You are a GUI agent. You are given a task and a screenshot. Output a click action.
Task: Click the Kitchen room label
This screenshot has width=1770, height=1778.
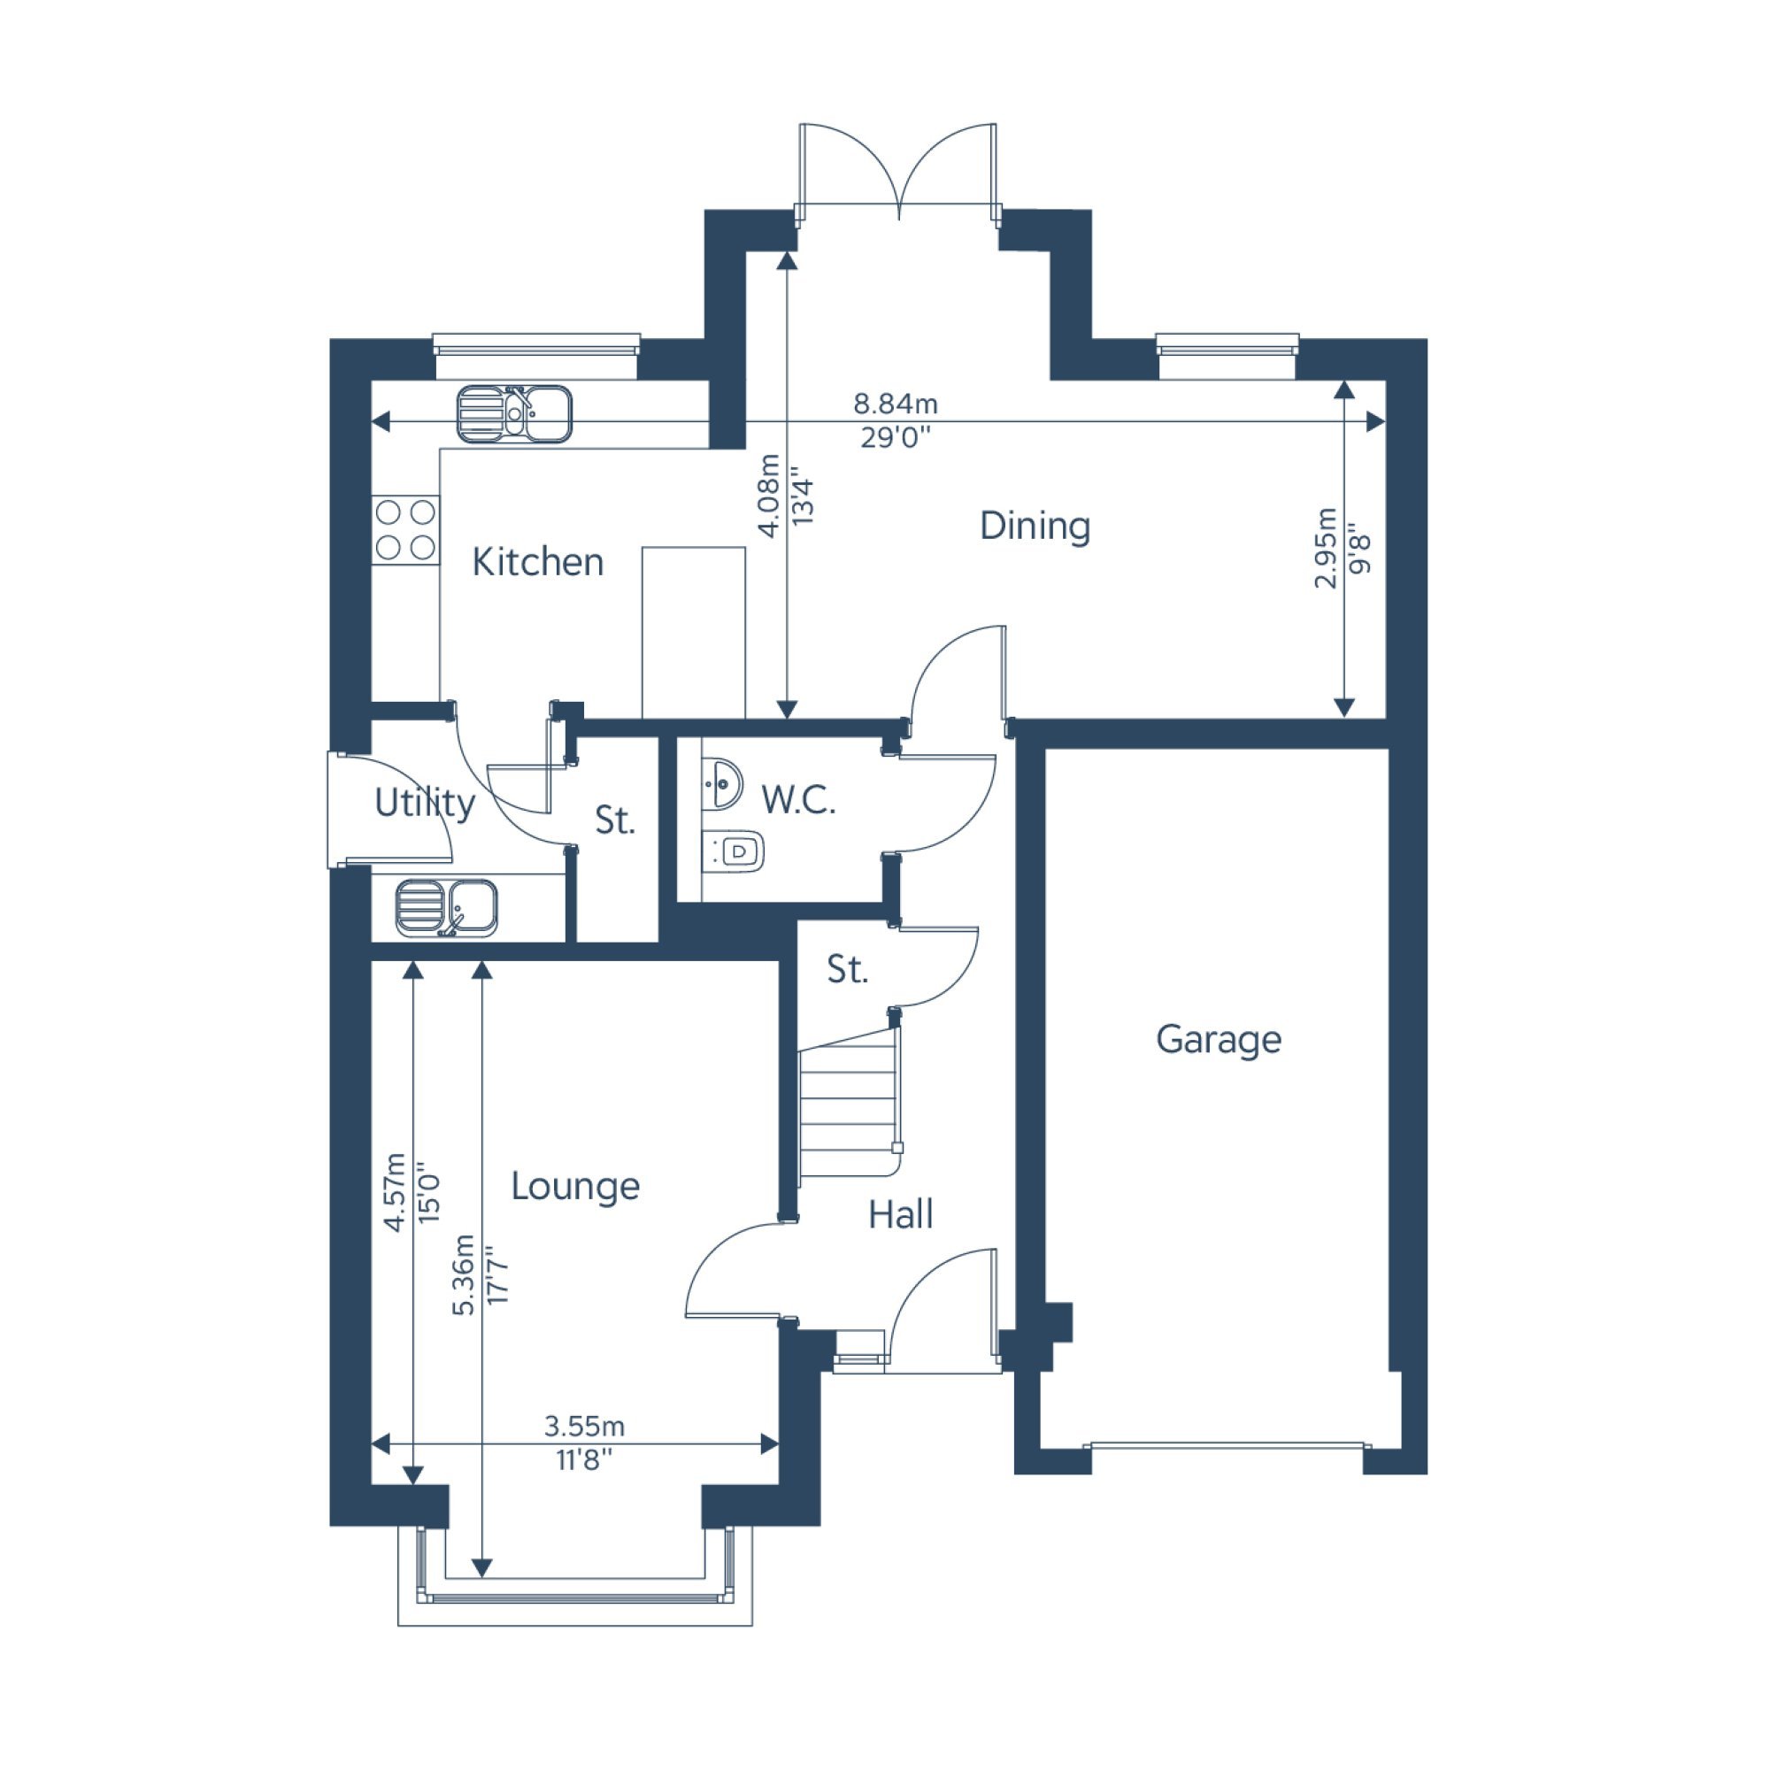tap(537, 561)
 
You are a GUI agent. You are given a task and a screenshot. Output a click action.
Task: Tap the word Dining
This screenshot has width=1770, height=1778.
tap(1035, 527)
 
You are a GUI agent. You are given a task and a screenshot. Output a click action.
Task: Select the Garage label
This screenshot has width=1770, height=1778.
tap(1219, 1040)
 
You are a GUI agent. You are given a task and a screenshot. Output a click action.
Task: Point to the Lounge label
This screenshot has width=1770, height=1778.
tap(575, 1186)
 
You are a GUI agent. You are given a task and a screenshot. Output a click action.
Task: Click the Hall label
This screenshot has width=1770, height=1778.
tap(900, 1215)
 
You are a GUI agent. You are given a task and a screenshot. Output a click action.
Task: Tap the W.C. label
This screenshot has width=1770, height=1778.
tap(798, 801)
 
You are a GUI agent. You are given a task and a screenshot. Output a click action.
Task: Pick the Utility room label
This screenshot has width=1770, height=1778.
tap(424, 804)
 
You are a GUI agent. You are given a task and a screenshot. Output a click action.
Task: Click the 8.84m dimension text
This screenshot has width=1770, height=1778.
tap(895, 403)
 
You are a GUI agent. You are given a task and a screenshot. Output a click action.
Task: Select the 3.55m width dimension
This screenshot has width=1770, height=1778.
tap(583, 1427)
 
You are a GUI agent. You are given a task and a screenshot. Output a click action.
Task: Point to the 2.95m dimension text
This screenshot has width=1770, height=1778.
tap(1325, 548)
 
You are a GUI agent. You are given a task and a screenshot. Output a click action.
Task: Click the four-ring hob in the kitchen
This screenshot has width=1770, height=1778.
tap(405, 529)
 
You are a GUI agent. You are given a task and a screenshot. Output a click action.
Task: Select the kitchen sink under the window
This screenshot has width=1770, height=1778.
tap(514, 414)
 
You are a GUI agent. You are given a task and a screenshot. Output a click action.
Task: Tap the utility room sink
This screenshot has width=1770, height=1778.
tap(446, 908)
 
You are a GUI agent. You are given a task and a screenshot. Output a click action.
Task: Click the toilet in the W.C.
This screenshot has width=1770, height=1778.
tap(734, 851)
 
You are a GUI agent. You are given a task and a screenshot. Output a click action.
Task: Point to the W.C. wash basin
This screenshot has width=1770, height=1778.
tap(721, 784)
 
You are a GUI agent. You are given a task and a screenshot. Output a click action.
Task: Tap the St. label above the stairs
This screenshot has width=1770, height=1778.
tap(847, 969)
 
